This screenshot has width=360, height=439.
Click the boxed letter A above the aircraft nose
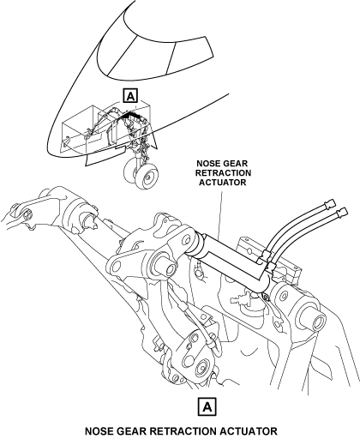click(x=130, y=96)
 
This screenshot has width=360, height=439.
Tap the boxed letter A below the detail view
click(x=207, y=406)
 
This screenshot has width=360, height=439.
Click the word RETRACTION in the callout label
click(x=223, y=173)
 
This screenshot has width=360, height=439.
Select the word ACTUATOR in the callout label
click(x=223, y=183)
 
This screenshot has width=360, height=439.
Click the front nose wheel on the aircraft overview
click(x=147, y=177)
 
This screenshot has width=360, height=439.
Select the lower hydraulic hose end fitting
click(x=342, y=213)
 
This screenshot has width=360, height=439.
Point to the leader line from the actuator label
click(x=220, y=213)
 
